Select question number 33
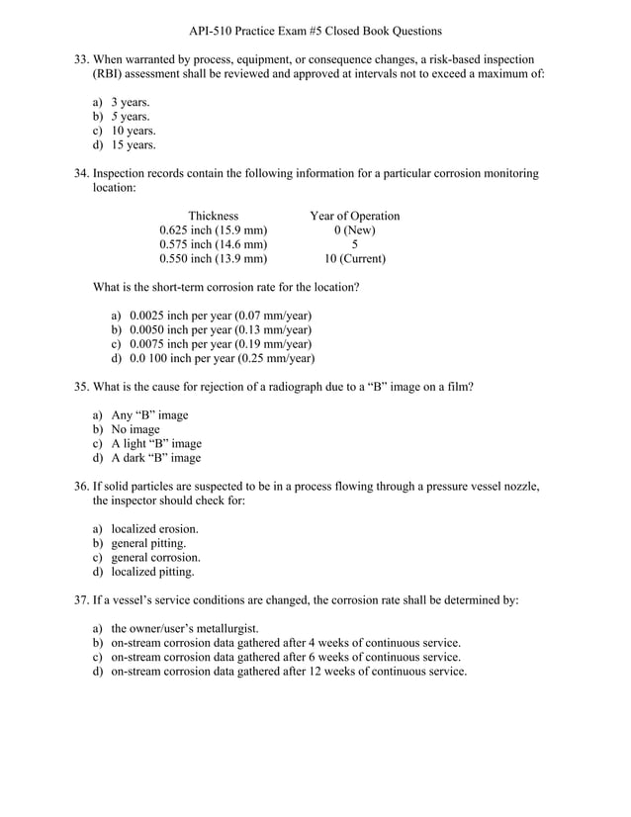[x=82, y=59]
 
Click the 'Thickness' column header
[x=213, y=216]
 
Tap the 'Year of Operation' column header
[x=355, y=216]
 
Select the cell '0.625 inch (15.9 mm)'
[x=213, y=230]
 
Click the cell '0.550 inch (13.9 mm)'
[x=213, y=258]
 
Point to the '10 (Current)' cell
[x=355, y=258]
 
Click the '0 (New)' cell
[x=355, y=230]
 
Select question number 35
[x=82, y=387]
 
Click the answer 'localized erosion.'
[x=154, y=529]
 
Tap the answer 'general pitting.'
[x=148, y=543]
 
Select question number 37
[x=82, y=600]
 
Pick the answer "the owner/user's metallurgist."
[x=184, y=628]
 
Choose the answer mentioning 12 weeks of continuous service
[x=288, y=671]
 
